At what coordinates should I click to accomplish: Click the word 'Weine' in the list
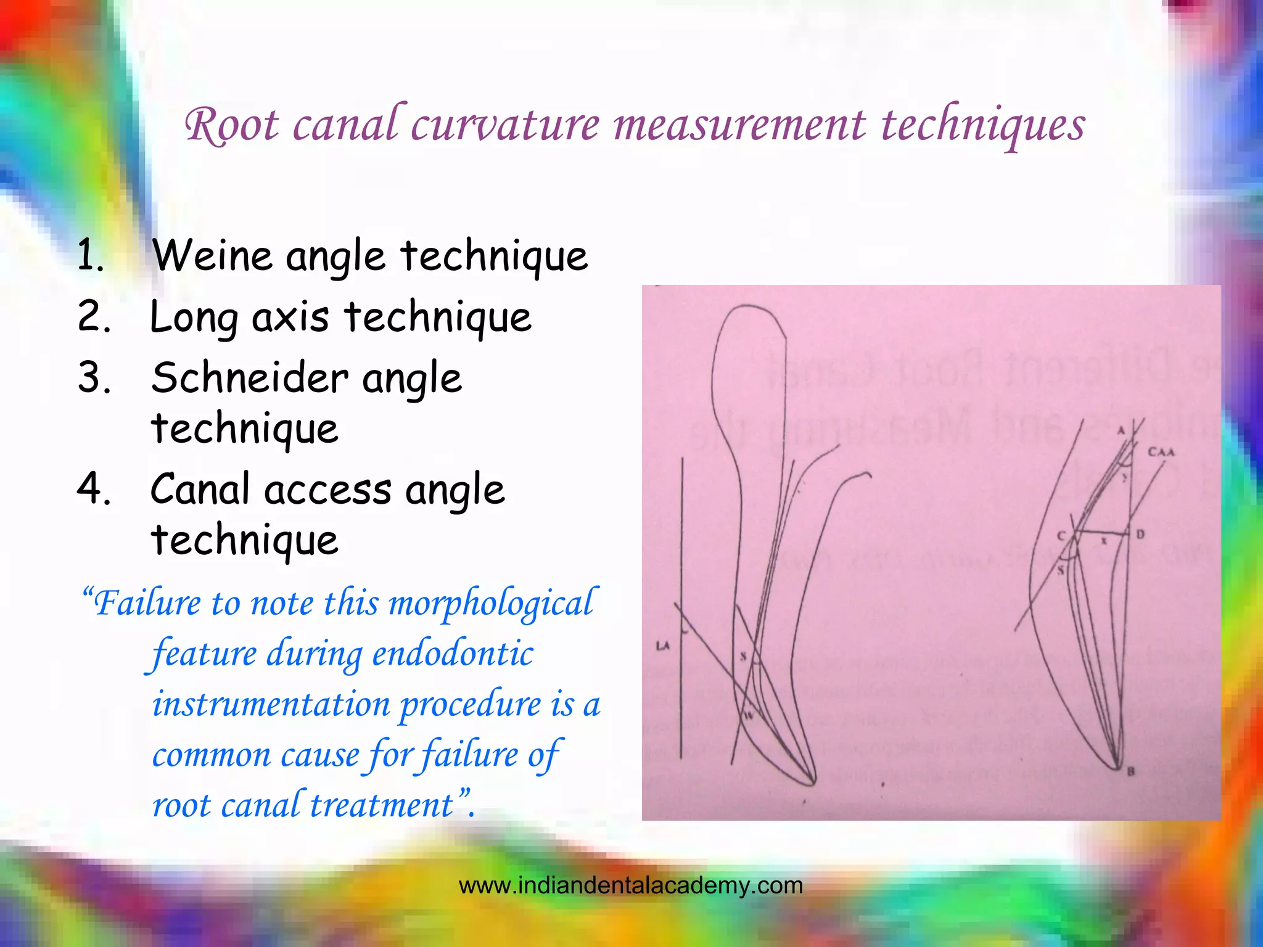(x=210, y=255)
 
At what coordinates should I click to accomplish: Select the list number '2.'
(x=94, y=316)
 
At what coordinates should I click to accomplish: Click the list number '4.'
(x=94, y=488)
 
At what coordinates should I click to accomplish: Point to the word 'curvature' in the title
(x=504, y=125)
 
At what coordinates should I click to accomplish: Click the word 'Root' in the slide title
(x=231, y=126)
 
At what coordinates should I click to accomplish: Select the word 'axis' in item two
(x=290, y=318)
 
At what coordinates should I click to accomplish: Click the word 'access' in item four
(x=327, y=490)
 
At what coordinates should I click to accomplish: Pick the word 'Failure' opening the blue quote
(x=147, y=603)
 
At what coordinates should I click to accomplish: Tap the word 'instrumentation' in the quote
(x=271, y=704)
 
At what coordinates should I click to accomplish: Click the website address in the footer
(x=630, y=885)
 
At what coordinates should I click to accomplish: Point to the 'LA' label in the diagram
(x=662, y=646)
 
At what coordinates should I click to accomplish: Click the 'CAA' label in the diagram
(x=1161, y=453)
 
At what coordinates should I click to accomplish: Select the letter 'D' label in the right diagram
(x=1140, y=534)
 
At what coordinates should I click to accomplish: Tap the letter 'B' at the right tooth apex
(x=1131, y=771)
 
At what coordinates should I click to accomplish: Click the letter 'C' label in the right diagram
(x=1061, y=536)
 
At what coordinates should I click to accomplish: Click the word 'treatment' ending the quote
(x=381, y=805)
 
